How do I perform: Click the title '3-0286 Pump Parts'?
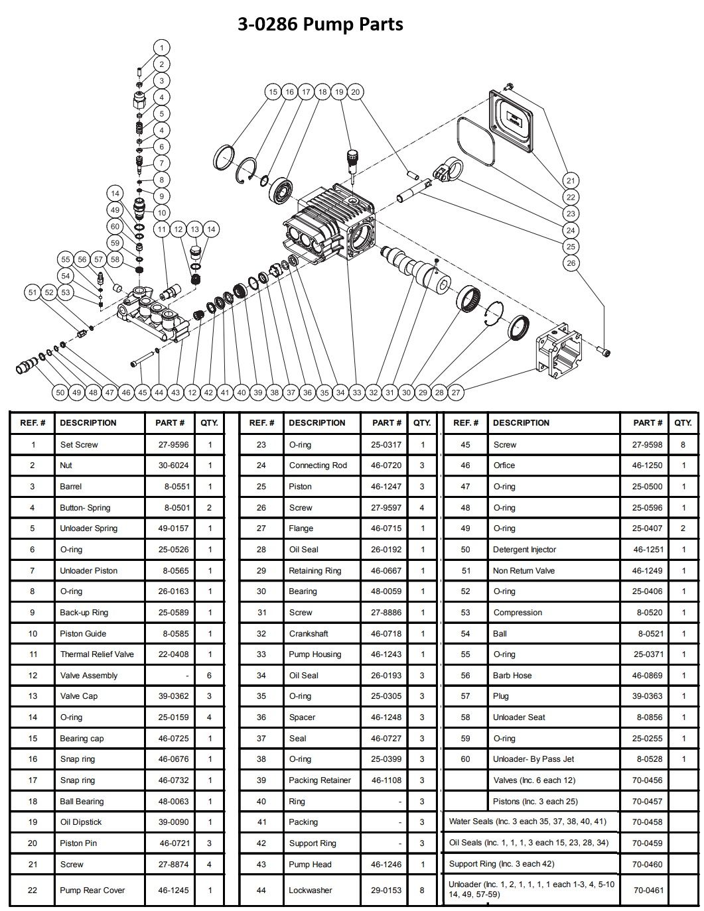pos(320,25)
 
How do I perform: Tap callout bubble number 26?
pos(571,263)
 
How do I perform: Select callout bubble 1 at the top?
pos(161,48)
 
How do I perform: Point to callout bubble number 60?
pos(115,227)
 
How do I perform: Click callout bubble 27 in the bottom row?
pos(456,393)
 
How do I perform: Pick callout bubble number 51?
pos(33,292)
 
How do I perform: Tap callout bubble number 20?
pos(356,92)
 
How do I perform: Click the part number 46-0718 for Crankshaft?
pos(386,633)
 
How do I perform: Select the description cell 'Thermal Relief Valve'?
pos(97,654)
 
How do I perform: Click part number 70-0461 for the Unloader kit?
pos(648,890)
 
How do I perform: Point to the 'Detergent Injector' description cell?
pos(524,550)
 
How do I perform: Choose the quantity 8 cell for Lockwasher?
pos(422,890)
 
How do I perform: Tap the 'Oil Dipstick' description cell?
pos(81,822)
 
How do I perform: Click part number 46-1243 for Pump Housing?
pos(386,654)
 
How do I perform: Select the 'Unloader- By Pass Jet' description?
pos(533,759)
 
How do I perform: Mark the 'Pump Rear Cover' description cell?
pos(92,890)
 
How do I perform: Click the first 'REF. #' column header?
pos(33,423)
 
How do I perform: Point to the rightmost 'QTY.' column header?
pos(683,423)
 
